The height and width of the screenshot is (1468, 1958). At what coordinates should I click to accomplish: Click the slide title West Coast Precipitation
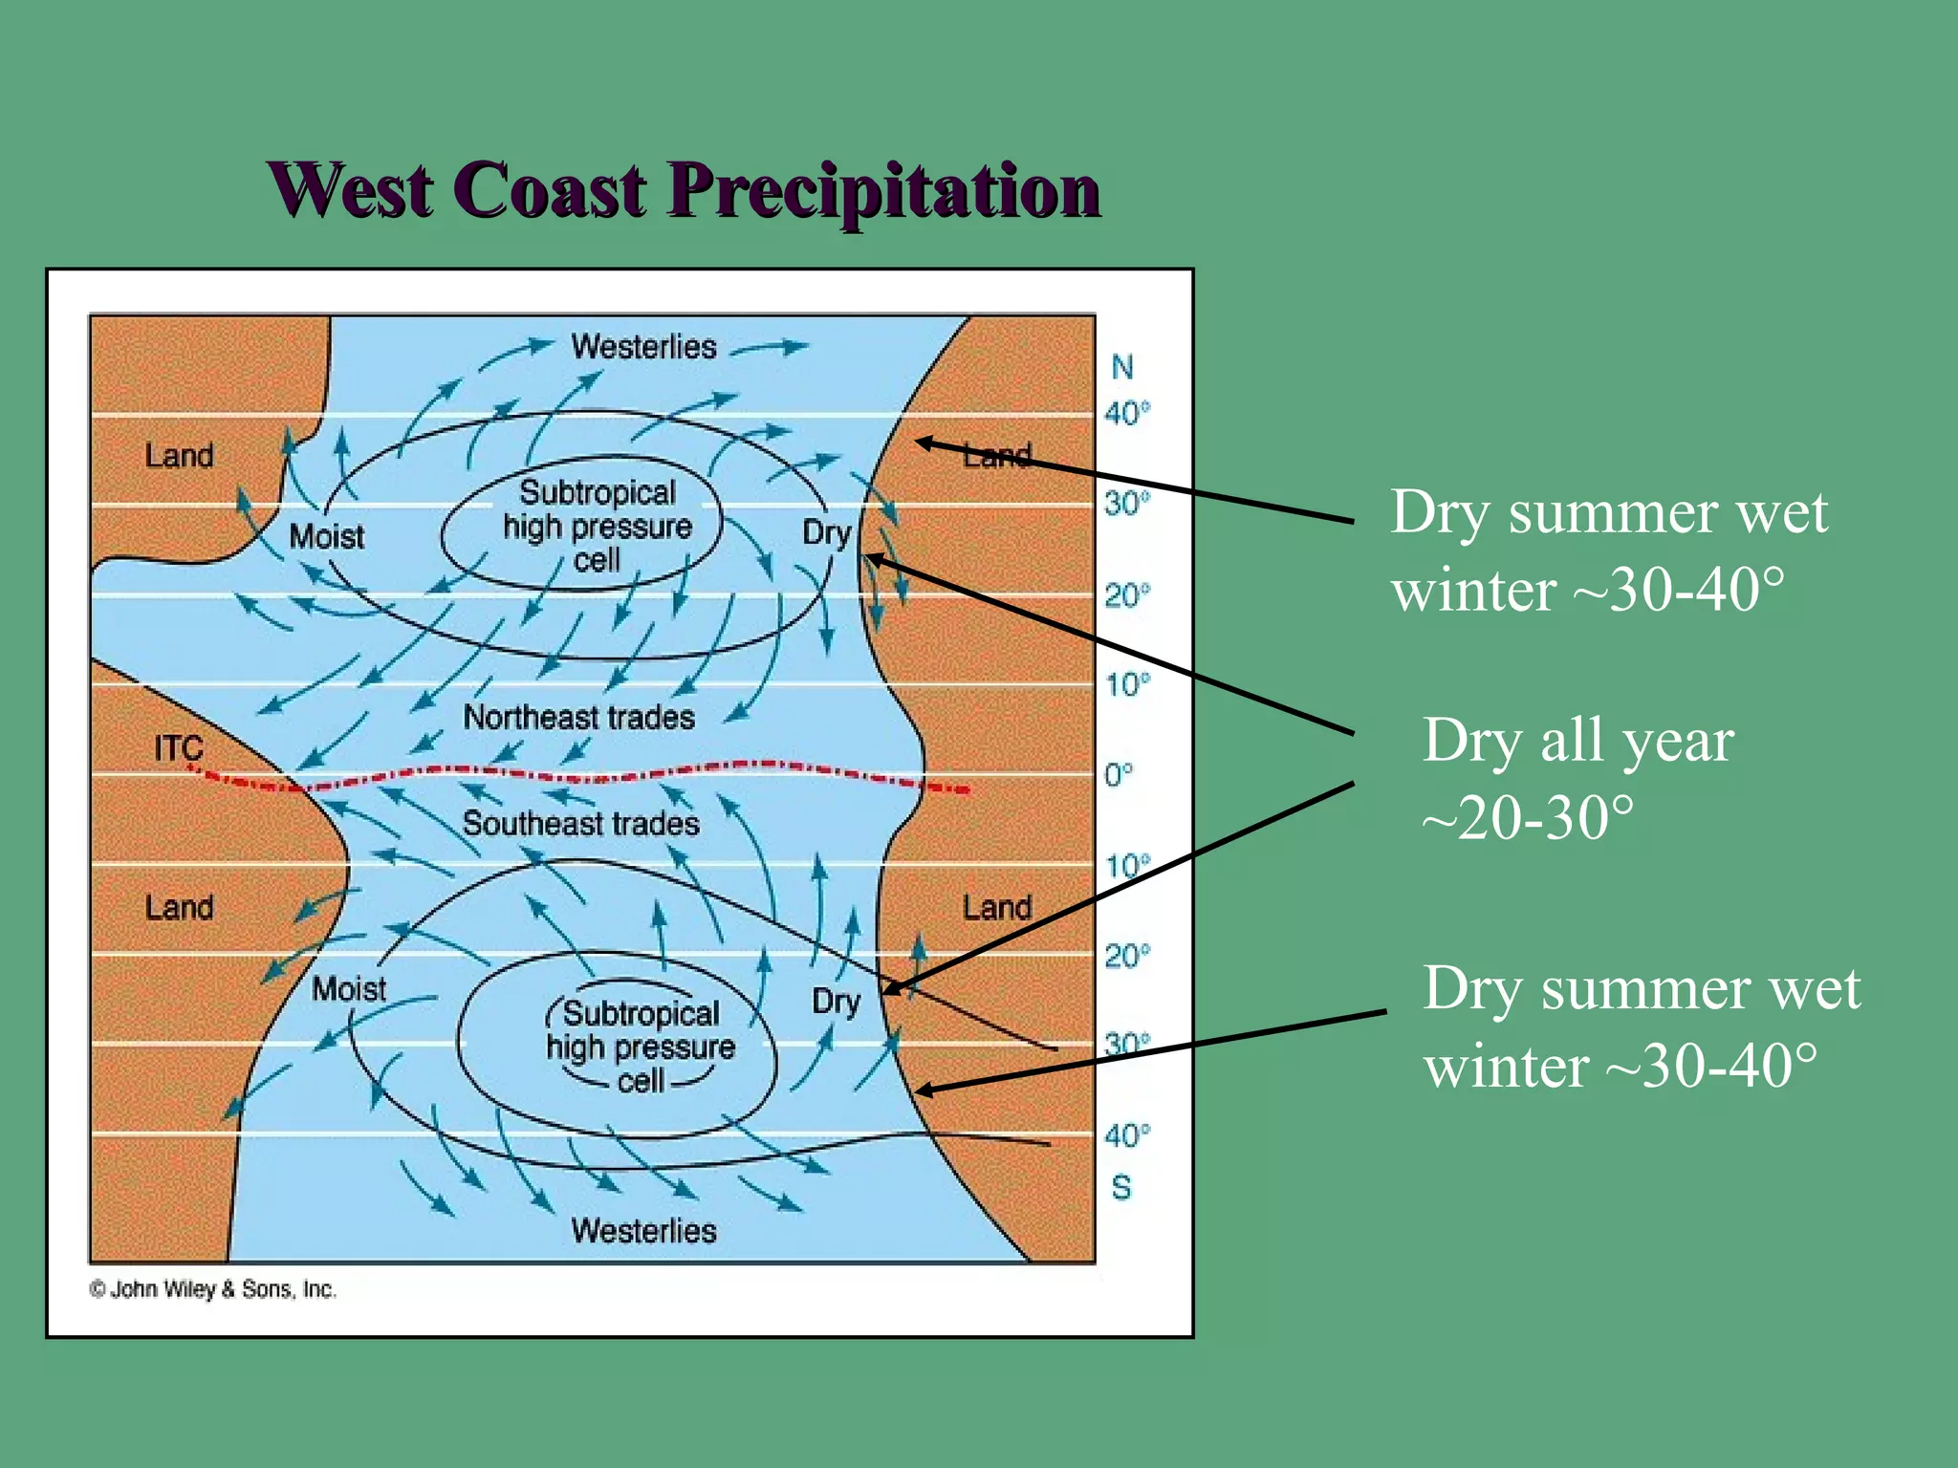(685, 189)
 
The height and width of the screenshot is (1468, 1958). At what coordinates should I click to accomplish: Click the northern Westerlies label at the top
(643, 346)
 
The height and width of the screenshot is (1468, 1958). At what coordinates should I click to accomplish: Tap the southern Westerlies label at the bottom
(643, 1230)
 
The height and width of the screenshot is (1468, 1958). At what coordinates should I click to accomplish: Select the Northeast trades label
(578, 717)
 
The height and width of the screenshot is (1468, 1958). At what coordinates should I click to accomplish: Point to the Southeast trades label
(580, 823)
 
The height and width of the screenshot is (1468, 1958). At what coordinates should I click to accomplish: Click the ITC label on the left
(179, 748)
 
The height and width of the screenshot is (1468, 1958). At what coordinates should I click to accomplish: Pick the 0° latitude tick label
(1118, 774)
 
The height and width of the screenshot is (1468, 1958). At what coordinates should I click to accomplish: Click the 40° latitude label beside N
(1126, 414)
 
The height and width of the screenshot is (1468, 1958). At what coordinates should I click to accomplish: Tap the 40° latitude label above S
(1126, 1135)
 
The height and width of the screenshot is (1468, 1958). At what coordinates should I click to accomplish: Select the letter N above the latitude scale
(1121, 367)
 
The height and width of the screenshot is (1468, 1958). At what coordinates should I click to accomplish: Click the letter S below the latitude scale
(1120, 1188)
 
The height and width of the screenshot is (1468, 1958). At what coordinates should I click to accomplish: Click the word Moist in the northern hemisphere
(326, 536)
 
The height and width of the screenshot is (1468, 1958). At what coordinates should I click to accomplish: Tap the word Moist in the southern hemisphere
(349, 988)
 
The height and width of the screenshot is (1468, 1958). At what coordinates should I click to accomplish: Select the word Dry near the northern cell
(826, 532)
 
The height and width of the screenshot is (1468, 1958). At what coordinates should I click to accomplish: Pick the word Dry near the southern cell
(836, 1002)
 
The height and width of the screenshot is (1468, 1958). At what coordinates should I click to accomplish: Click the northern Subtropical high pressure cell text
(597, 526)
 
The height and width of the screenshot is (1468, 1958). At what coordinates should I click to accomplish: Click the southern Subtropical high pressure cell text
(641, 1047)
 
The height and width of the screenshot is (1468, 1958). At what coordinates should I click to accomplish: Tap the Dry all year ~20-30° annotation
(1577, 778)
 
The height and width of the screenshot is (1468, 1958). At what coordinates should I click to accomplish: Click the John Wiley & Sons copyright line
(213, 1289)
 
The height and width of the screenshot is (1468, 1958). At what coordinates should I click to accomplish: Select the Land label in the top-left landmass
(179, 455)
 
